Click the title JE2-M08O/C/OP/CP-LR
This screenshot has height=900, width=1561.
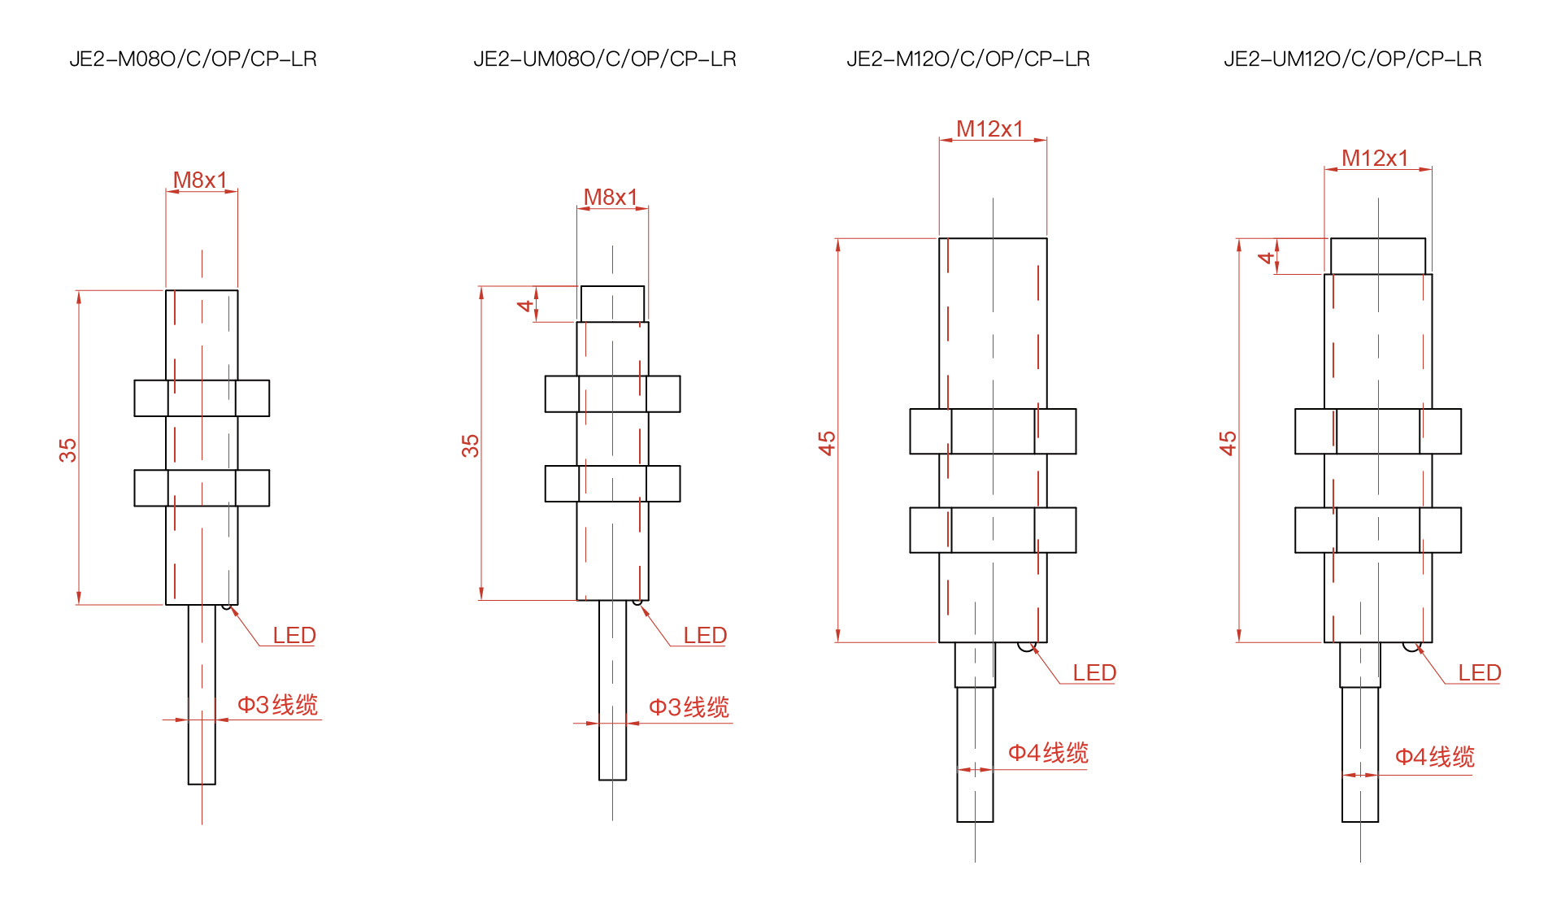coord(193,59)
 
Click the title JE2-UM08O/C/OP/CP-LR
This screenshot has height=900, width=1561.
coord(605,59)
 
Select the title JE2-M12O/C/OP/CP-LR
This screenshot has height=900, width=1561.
coord(968,59)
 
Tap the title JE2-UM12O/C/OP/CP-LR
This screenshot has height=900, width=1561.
coord(1353,59)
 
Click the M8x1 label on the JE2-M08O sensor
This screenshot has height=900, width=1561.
coord(200,180)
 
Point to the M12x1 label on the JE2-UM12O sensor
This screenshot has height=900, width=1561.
coord(1375,158)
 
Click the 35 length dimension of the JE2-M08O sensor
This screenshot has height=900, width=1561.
coord(67,450)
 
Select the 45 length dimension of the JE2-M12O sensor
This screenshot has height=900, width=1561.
coord(827,443)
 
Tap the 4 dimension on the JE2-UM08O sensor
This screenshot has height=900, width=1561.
coord(525,306)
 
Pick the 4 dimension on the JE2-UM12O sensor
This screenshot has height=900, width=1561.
coord(1266,258)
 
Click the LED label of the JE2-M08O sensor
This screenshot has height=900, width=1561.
coord(294,635)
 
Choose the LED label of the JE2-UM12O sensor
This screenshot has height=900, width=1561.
coord(1480,672)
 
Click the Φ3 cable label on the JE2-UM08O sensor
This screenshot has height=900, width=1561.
coord(689,707)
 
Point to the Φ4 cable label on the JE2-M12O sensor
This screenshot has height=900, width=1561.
coord(1048,753)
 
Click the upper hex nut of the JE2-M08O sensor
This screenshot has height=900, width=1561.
coord(202,398)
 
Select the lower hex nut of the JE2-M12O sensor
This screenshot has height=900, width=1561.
coord(993,530)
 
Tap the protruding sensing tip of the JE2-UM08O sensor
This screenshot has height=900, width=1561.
coord(612,304)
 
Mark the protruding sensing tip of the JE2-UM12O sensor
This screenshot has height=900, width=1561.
coord(1378,256)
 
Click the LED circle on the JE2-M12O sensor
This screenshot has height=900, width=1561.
coord(1027,646)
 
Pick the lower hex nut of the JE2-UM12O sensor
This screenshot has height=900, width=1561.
coord(1378,530)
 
